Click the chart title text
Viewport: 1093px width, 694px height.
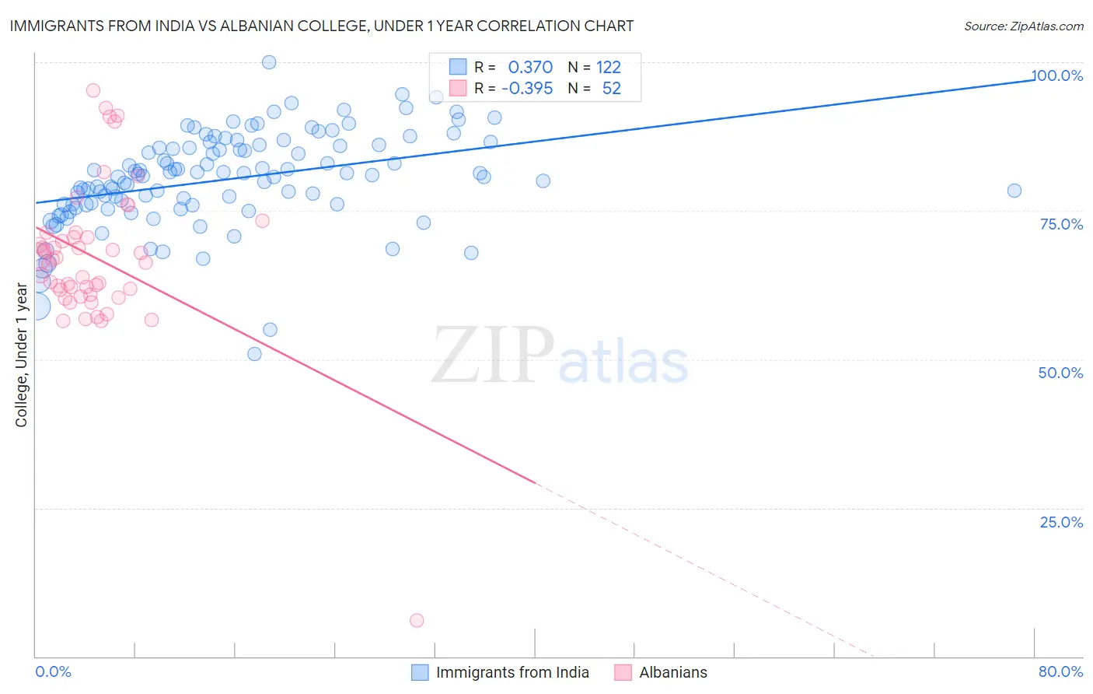(x=321, y=26)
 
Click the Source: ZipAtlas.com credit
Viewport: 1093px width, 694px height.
(x=1023, y=26)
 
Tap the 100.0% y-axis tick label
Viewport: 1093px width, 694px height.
(x=1057, y=75)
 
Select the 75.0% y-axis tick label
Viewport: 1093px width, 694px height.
(x=1061, y=224)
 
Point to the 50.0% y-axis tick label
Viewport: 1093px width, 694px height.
(x=1060, y=373)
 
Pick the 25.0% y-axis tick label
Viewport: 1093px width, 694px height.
(x=1061, y=521)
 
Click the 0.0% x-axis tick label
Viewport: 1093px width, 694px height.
(x=53, y=671)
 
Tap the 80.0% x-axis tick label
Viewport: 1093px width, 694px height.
(x=1060, y=671)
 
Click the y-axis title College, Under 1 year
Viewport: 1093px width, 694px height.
(x=22, y=356)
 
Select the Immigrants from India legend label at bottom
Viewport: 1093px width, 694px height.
(x=512, y=672)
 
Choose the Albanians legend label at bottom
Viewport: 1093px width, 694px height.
(x=673, y=672)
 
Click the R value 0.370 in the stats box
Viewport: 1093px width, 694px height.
(x=530, y=68)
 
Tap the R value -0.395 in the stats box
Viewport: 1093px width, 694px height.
(x=527, y=89)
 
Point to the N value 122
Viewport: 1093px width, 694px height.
(x=609, y=68)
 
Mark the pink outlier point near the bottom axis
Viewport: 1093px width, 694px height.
(x=417, y=620)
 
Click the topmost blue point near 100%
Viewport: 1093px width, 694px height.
(x=269, y=62)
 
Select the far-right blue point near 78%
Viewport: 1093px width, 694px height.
(x=1014, y=191)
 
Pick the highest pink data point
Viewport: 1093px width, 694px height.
(x=93, y=90)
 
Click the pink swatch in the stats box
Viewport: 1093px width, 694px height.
(x=458, y=88)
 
